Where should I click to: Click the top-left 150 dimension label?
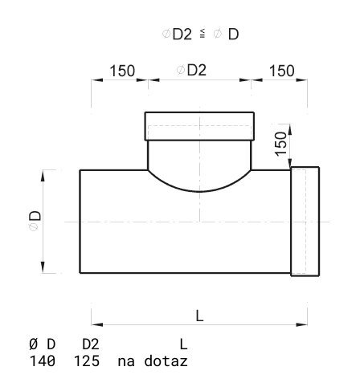pos(122,71)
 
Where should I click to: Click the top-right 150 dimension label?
pos(282,71)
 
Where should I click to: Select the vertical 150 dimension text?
pos(281,144)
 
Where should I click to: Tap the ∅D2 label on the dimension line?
pos(191,70)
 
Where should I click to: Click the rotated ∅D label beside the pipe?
pos(35,221)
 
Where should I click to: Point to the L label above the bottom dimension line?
pos(199,316)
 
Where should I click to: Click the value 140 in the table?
pos(43,361)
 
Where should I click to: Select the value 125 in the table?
pos(87,361)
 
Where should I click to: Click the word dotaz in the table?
pos(166,361)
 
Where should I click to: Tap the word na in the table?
pos(126,362)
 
